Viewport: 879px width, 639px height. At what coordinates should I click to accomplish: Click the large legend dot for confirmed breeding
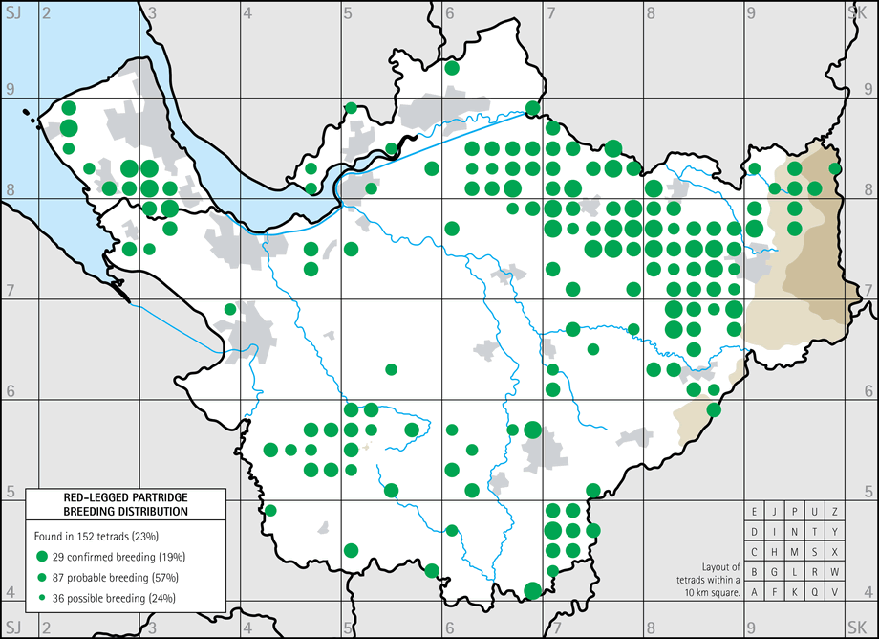[x=41, y=556]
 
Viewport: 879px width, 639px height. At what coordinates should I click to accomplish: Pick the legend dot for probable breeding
[x=41, y=577]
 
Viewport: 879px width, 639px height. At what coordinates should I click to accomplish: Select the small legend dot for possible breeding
[x=41, y=598]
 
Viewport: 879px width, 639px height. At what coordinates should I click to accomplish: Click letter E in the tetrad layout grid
[x=756, y=512]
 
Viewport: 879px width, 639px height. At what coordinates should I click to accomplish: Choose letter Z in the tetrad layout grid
[x=836, y=512]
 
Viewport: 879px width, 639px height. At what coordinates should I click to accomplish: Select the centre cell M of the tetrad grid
[x=796, y=552]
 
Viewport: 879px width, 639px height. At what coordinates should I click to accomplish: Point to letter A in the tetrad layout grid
[x=756, y=592]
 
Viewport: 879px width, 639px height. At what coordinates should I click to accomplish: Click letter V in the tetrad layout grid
[x=836, y=592]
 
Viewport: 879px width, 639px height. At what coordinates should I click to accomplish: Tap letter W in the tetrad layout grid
[x=836, y=572]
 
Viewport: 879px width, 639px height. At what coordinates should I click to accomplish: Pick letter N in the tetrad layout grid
[x=796, y=532]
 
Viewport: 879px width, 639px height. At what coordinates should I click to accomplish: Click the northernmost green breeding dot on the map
[x=452, y=68]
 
